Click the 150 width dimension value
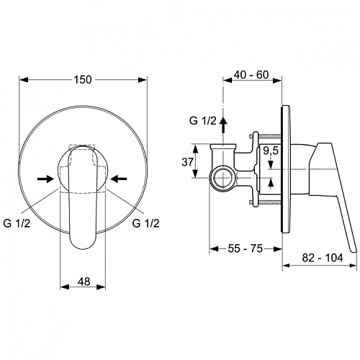[x=83, y=79]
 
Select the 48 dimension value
[x=84, y=282]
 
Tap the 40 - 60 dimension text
[x=251, y=75]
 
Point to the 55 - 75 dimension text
[x=246, y=248]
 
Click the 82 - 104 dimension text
[x=323, y=258]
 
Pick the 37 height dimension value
[x=187, y=162]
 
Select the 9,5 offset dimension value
[x=271, y=150]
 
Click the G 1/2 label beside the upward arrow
[x=203, y=121]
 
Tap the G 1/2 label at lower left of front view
[x=17, y=223]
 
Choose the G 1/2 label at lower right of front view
[x=145, y=223]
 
